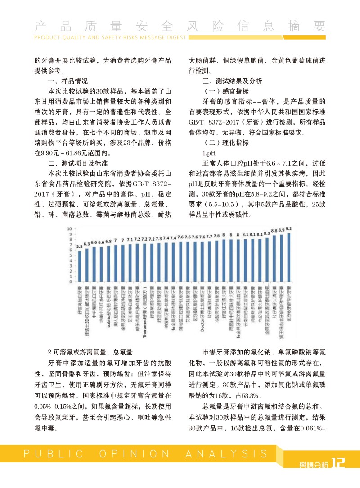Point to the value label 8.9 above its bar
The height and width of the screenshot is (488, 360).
point(281,230)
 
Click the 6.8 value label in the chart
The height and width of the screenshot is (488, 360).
point(108,242)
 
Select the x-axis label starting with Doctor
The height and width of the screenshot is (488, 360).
point(202,288)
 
